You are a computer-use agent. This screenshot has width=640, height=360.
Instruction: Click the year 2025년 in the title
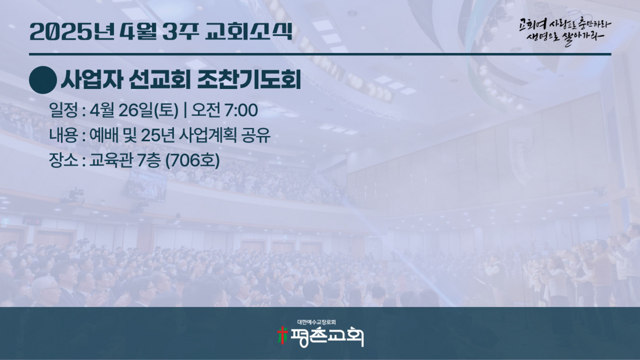point(72,31)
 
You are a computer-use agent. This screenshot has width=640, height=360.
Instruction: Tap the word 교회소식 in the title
point(249,31)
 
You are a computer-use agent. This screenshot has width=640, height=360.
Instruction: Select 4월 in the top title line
point(139,31)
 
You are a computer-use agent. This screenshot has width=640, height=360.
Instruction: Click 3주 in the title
point(181,31)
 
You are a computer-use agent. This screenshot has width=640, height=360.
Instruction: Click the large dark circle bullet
point(43,80)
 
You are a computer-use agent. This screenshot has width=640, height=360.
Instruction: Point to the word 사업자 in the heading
point(92,80)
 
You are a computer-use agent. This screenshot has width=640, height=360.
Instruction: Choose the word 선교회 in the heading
point(159,80)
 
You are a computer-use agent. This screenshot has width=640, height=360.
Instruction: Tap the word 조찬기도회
point(249,80)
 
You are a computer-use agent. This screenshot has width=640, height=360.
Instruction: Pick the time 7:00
point(241,111)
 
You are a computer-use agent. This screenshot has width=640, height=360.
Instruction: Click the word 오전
point(206,110)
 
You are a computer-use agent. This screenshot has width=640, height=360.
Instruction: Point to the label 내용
point(63,136)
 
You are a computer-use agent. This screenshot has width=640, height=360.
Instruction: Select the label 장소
point(63,160)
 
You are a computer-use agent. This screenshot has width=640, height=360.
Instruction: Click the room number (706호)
point(192,161)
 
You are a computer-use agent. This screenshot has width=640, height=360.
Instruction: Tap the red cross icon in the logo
point(282,336)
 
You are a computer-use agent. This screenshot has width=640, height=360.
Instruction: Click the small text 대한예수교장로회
point(317,322)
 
